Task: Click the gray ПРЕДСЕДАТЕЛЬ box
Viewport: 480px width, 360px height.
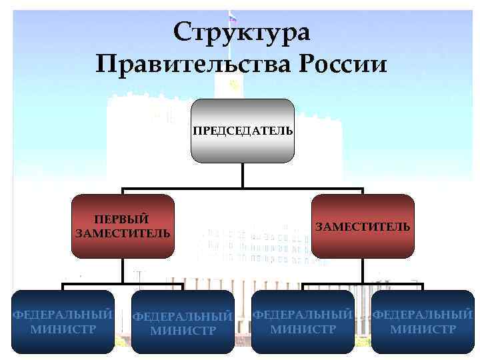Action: [243, 131]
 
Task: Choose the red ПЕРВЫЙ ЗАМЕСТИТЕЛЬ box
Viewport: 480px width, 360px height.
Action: [123, 227]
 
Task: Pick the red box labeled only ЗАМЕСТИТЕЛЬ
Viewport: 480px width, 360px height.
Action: [363, 227]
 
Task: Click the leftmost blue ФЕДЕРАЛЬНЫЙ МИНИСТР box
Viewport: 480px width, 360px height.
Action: [63, 321]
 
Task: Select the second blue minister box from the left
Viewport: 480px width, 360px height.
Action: [183, 321]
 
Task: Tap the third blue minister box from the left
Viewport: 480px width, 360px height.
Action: [303, 321]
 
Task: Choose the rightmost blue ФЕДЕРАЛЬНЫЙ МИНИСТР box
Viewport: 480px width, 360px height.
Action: [423, 321]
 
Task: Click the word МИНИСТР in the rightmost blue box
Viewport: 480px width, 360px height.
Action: [423, 329]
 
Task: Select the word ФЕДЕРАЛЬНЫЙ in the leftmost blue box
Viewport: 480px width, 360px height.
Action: [63, 315]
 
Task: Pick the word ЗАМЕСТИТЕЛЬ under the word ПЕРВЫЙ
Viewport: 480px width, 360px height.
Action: [123, 233]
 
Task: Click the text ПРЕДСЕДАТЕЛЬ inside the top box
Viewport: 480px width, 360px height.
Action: [243, 131]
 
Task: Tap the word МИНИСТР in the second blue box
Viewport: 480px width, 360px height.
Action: [183, 330]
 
